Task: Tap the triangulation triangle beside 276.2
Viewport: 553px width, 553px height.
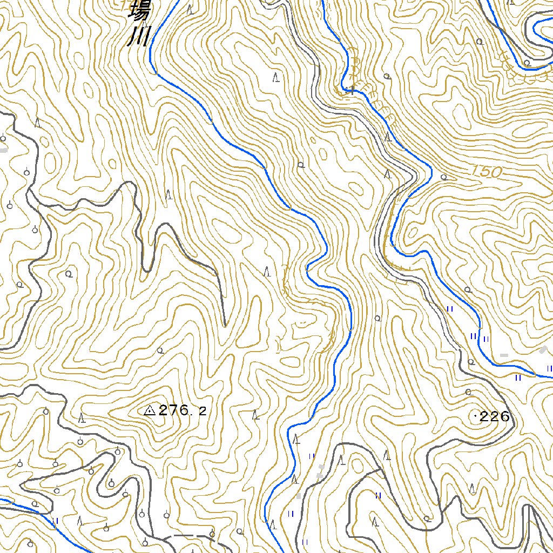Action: (x=150, y=411)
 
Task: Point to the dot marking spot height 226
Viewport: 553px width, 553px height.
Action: (x=475, y=416)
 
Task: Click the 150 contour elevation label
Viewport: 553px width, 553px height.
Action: (x=486, y=171)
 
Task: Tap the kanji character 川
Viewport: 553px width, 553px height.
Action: (x=138, y=38)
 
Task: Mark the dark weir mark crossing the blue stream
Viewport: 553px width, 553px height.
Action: (x=352, y=90)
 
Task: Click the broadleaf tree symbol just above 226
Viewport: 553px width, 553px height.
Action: (x=468, y=392)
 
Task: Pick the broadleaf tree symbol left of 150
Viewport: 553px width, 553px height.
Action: (x=444, y=177)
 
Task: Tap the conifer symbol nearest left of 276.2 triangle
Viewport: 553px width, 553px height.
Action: (x=81, y=417)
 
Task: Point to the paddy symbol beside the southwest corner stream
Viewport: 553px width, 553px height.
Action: (x=56, y=521)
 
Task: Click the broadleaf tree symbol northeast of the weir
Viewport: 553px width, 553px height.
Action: (x=387, y=76)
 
